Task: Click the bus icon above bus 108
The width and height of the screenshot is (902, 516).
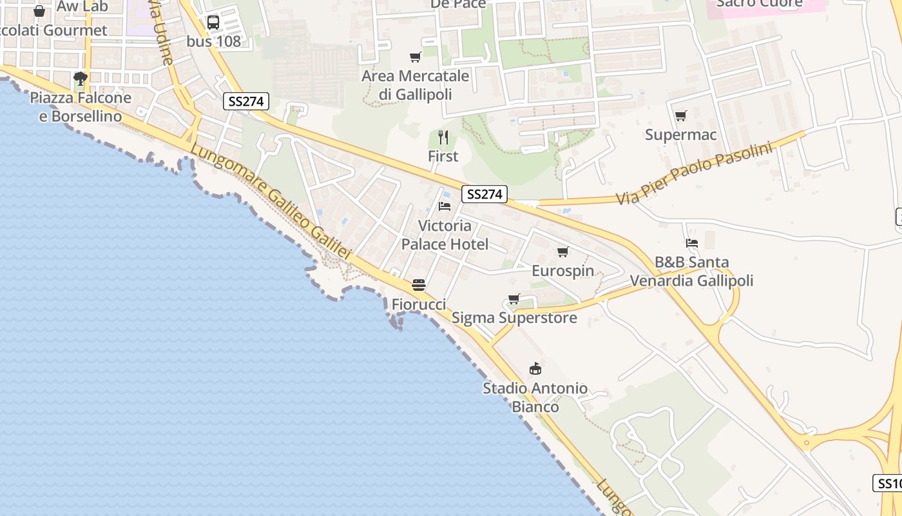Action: [x=213, y=23]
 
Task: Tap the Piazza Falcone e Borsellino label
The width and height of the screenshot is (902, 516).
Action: [x=81, y=107]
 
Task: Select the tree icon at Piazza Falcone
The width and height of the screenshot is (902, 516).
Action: [x=81, y=79]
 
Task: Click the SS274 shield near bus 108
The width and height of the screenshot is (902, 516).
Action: [x=246, y=101]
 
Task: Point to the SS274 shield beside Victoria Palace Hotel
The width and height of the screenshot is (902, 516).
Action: [x=484, y=194]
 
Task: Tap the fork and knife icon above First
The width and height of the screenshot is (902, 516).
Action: [x=443, y=137]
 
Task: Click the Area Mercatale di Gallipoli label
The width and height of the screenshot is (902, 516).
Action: [x=416, y=85]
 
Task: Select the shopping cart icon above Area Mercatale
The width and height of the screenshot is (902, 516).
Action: [x=416, y=57]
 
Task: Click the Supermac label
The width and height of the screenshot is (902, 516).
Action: [x=681, y=135]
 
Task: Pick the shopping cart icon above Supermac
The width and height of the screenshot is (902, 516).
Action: [x=681, y=116]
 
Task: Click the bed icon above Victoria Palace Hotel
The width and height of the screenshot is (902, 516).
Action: [x=445, y=206]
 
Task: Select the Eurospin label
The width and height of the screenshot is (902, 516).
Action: [x=563, y=271]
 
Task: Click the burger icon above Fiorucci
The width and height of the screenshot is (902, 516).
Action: [x=419, y=284]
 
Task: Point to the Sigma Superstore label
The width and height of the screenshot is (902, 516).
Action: [x=514, y=318]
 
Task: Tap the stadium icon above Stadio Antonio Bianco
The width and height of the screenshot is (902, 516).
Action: [x=535, y=369]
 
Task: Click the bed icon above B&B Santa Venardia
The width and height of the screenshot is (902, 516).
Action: [x=692, y=243]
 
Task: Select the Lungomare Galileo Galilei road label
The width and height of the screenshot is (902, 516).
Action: [x=271, y=201]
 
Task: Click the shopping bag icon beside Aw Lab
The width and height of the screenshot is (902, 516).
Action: [x=39, y=11]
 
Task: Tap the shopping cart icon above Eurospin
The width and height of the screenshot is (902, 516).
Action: [x=563, y=252]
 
